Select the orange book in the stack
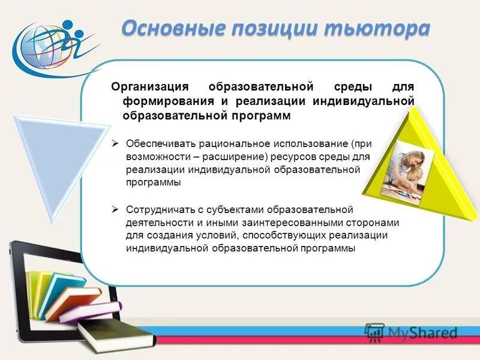(x=72, y=300)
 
